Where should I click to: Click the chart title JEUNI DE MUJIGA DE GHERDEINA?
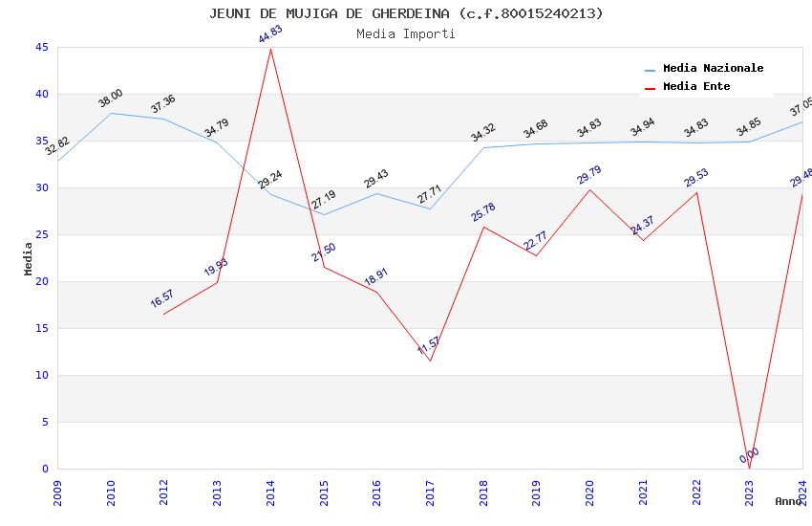(x=406, y=13)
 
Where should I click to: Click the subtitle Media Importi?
(x=406, y=34)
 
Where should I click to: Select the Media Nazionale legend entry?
(x=713, y=69)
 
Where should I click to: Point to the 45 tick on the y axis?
(x=41, y=47)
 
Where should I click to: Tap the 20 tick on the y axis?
(x=41, y=281)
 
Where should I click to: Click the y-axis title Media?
(x=29, y=258)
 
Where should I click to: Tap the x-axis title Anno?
(x=788, y=501)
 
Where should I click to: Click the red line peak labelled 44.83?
(x=271, y=49)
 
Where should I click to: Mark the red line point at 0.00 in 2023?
(x=749, y=469)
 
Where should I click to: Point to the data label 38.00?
(x=111, y=98)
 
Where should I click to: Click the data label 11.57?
(x=430, y=346)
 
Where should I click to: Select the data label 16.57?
(x=163, y=298)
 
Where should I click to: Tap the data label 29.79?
(x=589, y=174)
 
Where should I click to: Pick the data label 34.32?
(x=483, y=133)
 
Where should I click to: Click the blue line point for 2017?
(x=430, y=208)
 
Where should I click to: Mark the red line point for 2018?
(x=483, y=227)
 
